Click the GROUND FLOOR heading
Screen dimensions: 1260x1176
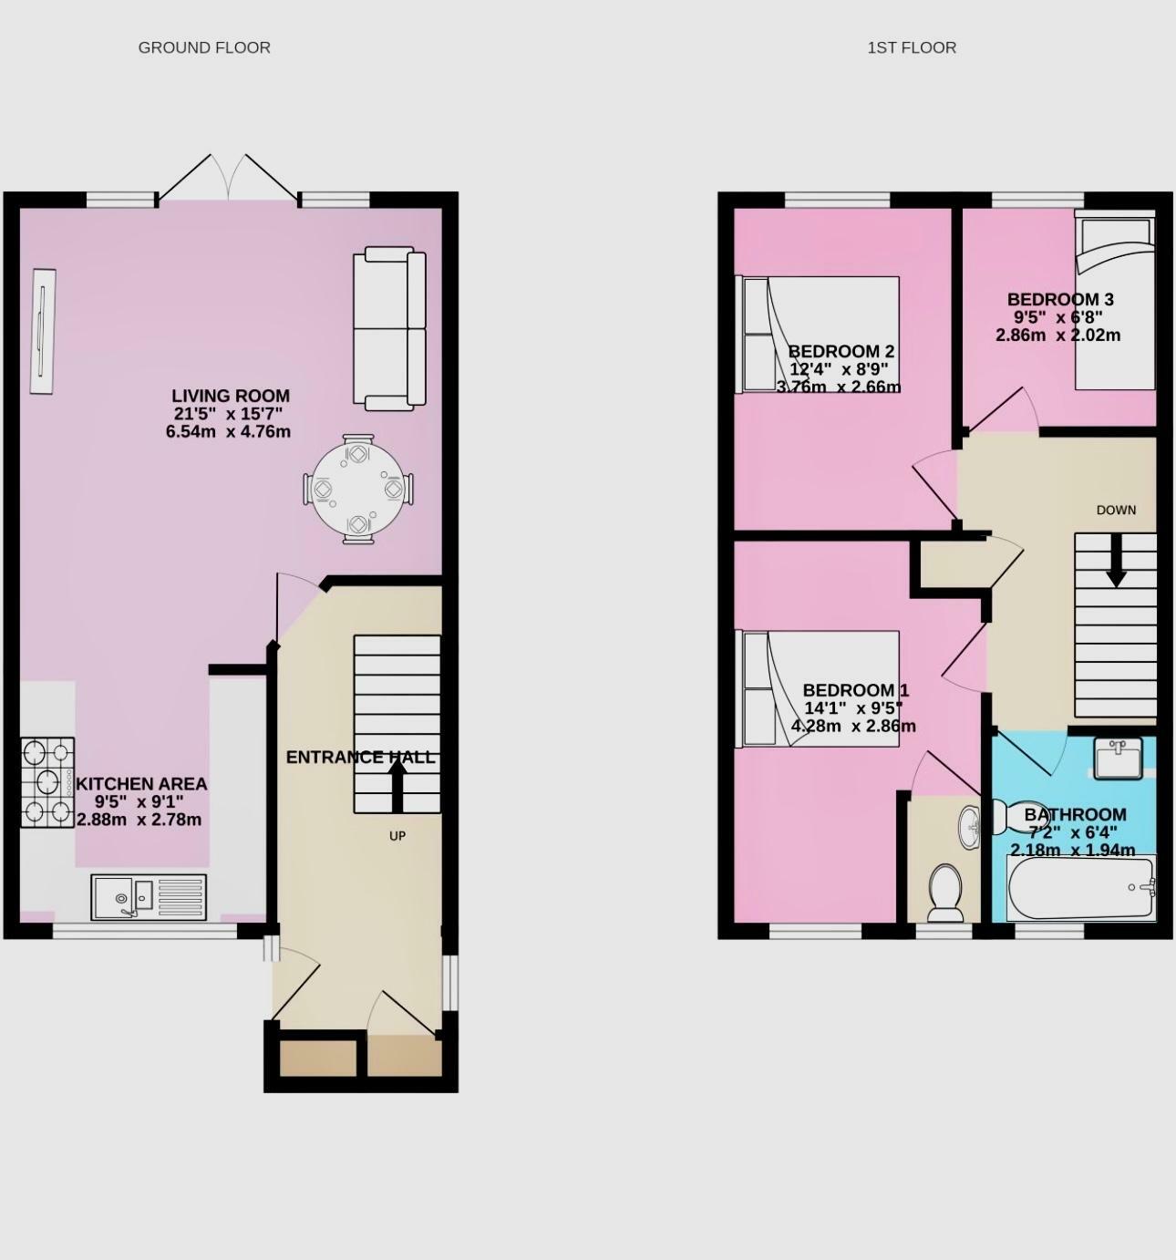pos(204,47)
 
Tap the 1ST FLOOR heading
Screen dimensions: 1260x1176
pos(912,47)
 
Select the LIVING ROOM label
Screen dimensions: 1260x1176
pos(231,396)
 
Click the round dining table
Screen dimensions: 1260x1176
pos(357,489)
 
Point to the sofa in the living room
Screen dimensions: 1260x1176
pos(389,328)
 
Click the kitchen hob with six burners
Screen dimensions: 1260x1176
pos(47,782)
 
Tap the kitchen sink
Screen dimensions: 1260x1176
pos(149,896)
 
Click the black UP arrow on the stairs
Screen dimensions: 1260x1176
pos(397,786)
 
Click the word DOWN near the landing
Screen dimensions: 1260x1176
pos(1116,510)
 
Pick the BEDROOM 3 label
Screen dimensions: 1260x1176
pos(1060,299)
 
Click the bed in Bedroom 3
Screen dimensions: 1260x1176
pos(1115,301)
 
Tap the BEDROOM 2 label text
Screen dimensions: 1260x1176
pos(841,352)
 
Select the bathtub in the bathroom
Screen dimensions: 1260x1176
pos(1081,888)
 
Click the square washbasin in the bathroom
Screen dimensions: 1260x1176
pos(1118,759)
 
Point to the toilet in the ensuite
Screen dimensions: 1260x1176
pos(944,892)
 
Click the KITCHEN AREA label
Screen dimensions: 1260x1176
pos(141,784)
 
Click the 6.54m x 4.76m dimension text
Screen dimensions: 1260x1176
pos(228,431)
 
